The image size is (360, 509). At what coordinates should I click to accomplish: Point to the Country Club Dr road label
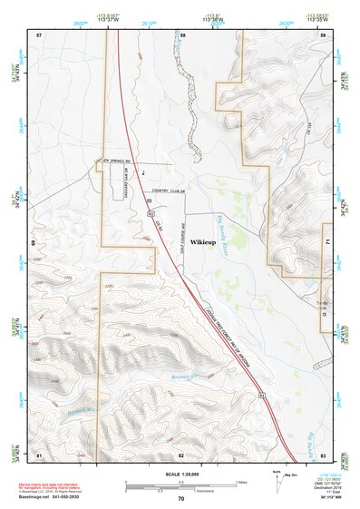point(169,191)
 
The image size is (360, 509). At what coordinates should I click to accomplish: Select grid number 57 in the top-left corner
point(39,34)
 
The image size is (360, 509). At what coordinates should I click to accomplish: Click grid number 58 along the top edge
point(182,34)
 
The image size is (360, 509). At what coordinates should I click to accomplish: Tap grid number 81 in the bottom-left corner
point(39,454)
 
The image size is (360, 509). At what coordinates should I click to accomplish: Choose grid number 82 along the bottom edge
point(181,454)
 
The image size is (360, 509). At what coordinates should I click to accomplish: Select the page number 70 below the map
point(180,499)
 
